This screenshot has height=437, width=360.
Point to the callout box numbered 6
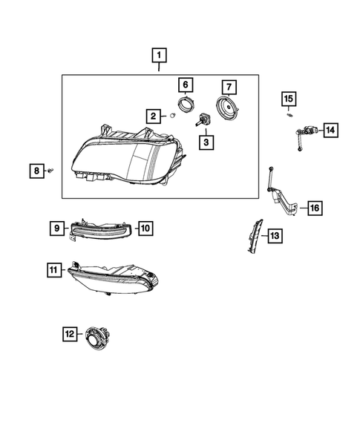coord(186,85)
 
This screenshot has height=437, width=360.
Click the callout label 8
coord(36,171)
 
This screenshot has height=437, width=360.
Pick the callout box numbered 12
coord(69,335)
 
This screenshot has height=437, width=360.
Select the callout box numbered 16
coord(315,208)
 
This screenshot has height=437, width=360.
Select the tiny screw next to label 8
coord(50,171)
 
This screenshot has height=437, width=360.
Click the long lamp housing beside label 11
coord(115,279)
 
